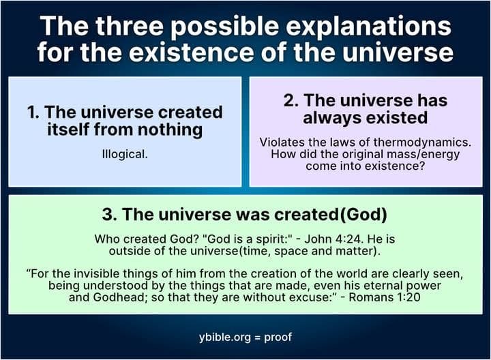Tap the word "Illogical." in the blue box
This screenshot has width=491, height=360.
[125, 154]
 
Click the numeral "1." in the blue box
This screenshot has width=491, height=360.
[34, 111]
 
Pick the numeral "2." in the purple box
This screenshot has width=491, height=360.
[291, 100]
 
